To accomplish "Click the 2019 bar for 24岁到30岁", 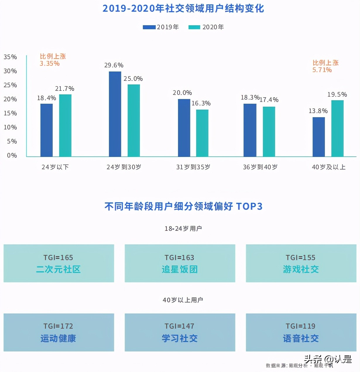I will pos(115,114).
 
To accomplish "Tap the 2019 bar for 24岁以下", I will pos(47,130).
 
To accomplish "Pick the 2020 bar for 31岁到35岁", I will pos(202,133).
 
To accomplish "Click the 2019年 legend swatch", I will pos(149,27).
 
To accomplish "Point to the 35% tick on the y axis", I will pos(10,57).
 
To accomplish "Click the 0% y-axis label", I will pos(12,156).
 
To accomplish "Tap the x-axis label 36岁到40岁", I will pos(260,167).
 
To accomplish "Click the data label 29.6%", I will pos(114,65).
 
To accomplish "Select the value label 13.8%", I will pos(318,111).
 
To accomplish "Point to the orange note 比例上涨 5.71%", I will pos(325,66).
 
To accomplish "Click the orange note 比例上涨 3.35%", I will pos(53,60).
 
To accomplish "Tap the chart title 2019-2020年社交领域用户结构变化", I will pos(183,8).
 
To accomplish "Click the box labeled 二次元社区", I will pos(59,263).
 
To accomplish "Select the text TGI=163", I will pos(179,258).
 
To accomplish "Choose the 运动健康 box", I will pos(59,332).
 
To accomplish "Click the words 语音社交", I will pos(301,339).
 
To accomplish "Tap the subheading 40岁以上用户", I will pos(183,300).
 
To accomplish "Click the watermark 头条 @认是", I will pos(328,359).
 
